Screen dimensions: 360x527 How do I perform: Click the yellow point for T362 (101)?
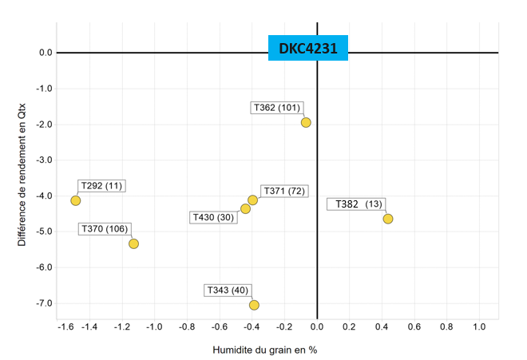(306, 122)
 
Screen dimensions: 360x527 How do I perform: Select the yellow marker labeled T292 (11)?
(75, 200)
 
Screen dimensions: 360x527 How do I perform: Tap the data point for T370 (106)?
(133, 243)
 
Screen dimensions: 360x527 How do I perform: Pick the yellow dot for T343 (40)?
(254, 305)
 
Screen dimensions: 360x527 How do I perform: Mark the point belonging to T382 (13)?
(388, 219)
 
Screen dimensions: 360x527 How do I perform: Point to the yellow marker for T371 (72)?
(252, 200)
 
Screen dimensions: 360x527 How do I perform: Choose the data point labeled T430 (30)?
(245, 209)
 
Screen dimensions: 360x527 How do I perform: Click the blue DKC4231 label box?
(308, 49)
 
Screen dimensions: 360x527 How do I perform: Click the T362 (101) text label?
(276, 108)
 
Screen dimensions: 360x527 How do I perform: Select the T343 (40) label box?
(228, 290)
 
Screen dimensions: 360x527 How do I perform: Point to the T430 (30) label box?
(213, 217)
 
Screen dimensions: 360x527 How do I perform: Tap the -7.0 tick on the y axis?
(43, 303)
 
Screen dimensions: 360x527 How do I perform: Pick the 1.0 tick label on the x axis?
(478, 327)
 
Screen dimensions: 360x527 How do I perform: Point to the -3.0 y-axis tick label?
(43, 160)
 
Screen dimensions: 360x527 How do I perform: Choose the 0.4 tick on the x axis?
(381, 327)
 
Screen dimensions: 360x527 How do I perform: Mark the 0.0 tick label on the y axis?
(45, 53)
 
